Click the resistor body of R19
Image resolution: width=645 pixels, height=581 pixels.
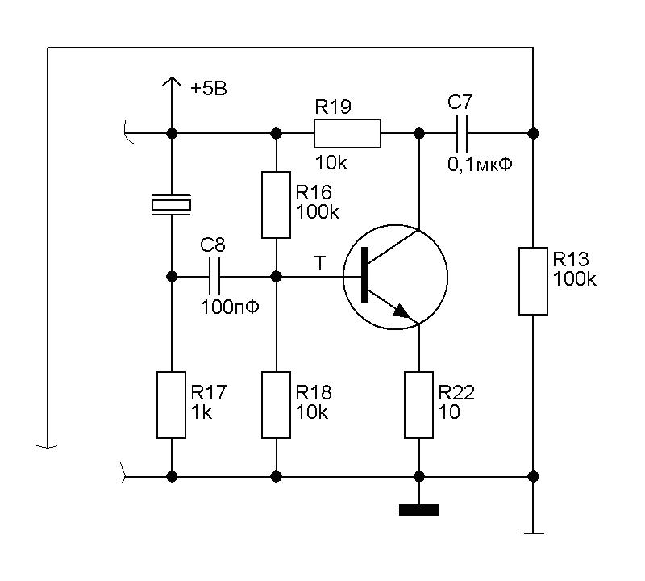pos(347,133)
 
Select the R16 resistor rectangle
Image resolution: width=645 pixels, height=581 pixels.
pos(277,204)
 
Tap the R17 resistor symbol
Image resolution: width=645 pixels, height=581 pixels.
pos(171,405)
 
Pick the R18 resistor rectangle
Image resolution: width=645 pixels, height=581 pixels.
pos(277,405)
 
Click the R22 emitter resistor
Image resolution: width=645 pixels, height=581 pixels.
pos(419,405)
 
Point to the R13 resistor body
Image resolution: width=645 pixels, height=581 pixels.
pos(533,281)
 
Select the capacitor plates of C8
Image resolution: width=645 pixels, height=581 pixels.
pos(214,276)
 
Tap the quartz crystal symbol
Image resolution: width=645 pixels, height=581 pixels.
pos(171,205)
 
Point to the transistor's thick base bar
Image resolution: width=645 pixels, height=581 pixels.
pos(367,276)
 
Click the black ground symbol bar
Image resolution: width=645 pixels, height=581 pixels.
pos(419,509)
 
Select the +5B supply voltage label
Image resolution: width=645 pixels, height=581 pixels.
pos(209,89)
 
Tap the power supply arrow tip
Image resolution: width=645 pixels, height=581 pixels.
pos(171,79)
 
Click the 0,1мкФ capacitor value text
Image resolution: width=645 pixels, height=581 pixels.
pos(481,164)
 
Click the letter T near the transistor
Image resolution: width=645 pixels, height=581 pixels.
pos(321,263)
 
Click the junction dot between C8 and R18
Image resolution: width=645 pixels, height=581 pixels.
pos(277,276)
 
